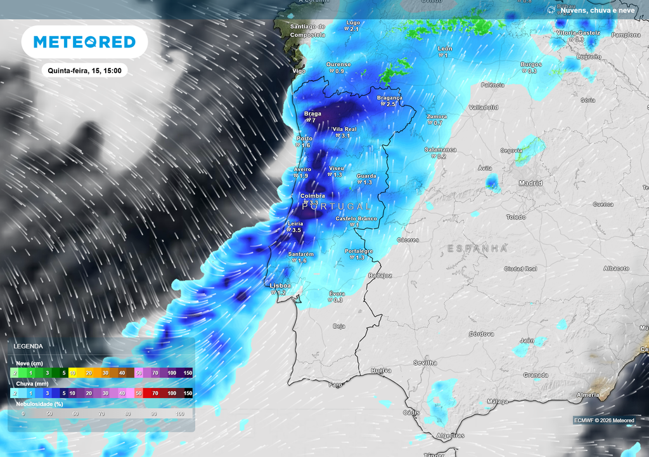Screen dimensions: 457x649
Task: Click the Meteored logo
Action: (x=84, y=42)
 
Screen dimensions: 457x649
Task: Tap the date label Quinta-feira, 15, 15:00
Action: (x=84, y=70)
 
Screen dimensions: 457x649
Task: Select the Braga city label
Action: (x=312, y=114)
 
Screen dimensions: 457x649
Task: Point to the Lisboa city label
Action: (x=280, y=286)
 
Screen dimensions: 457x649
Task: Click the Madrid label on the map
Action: (x=530, y=183)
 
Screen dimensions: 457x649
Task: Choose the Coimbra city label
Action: (x=312, y=196)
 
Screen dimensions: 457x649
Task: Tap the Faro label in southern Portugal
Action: (x=336, y=385)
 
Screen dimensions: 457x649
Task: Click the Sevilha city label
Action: (x=425, y=362)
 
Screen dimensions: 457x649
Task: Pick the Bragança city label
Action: (x=390, y=98)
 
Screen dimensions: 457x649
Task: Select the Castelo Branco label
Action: (x=356, y=218)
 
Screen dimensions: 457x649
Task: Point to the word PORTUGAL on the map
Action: (x=337, y=207)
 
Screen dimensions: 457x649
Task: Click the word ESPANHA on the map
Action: (x=477, y=248)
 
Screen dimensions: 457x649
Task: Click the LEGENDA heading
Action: (x=29, y=347)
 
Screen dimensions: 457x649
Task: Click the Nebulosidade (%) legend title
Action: (x=39, y=403)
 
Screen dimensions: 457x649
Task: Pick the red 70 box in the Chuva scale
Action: (x=155, y=394)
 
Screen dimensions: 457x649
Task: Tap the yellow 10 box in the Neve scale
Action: (x=72, y=373)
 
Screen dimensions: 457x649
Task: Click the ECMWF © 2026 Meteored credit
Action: (x=603, y=420)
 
